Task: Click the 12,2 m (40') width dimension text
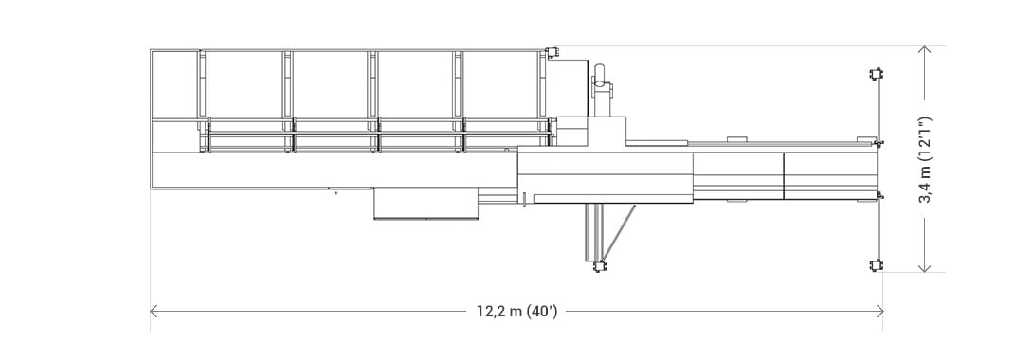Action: tap(517, 312)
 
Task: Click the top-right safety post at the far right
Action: tap(878, 73)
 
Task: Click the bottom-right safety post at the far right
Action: tap(878, 266)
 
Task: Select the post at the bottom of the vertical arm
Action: tap(599, 267)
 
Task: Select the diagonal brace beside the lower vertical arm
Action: tap(619, 233)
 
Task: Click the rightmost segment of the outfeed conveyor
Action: tap(829, 175)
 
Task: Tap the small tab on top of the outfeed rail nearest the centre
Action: tap(737, 140)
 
